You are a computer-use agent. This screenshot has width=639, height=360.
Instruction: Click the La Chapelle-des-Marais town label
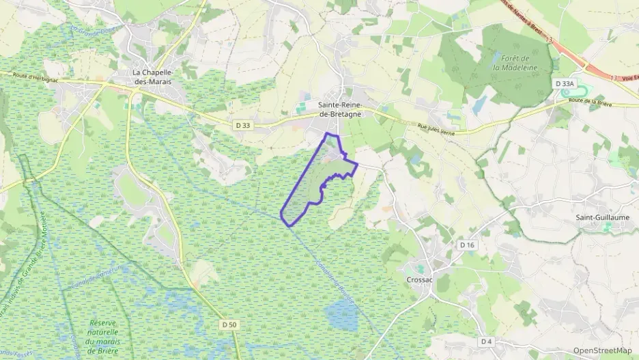pyautogui.click(x=152, y=77)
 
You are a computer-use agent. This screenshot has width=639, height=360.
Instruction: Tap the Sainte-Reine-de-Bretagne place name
pyautogui.click(x=339, y=109)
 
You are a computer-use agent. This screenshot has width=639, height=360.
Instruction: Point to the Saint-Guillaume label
pyautogui.click(x=603, y=217)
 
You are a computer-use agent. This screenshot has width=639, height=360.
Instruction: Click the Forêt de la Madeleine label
pyautogui.click(x=515, y=63)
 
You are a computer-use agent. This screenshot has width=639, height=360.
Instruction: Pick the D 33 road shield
pyautogui.click(x=242, y=125)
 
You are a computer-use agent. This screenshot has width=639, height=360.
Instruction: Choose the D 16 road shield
pyautogui.click(x=467, y=245)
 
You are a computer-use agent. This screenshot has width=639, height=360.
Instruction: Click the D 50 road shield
pyautogui.click(x=229, y=324)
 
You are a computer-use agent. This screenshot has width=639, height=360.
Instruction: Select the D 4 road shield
pyautogui.click(x=485, y=341)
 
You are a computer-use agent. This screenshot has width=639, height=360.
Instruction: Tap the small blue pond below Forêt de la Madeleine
pyautogui.click(x=480, y=105)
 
